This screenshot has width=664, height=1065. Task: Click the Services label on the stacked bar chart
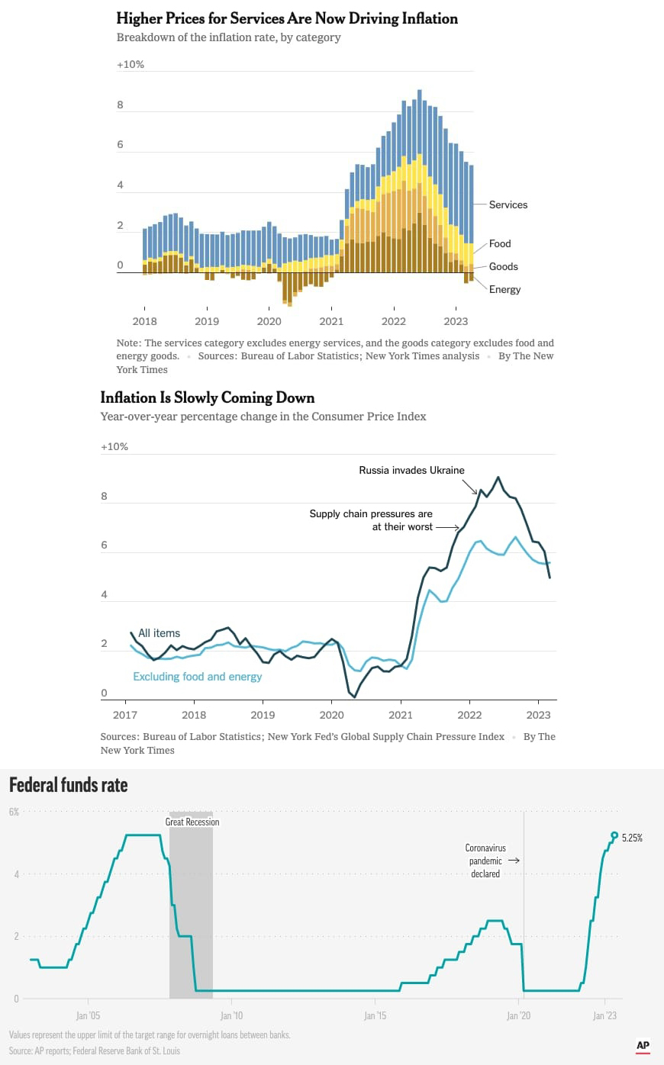(x=508, y=204)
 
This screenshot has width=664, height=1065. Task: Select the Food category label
(x=500, y=243)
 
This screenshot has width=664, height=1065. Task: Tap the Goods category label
(x=503, y=266)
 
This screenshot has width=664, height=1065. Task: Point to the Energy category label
(x=504, y=290)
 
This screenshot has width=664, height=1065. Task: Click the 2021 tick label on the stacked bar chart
(x=331, y=321)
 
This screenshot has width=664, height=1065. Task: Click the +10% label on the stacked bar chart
(x=131, y=64)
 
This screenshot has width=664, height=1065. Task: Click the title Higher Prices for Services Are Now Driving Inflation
(x=287, y=18)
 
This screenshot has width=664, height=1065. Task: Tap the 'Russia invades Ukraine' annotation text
(x=411, y=470)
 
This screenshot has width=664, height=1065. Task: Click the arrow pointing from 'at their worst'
(x=447, y=527)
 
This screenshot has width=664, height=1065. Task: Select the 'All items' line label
(x=160, y=633)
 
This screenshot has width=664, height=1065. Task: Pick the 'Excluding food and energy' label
(x=198, y=677)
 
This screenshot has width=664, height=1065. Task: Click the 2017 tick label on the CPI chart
(x=125, y=715)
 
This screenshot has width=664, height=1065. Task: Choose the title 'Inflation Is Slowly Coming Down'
(x=208, y=397)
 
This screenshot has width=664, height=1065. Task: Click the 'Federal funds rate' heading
(x=69, y=785)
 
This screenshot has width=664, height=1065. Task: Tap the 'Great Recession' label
(x=192, y=822)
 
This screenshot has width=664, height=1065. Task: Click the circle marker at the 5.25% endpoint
(x=614, y=835)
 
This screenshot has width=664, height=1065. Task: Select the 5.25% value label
(x=632, y=838)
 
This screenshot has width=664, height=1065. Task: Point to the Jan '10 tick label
(x=232, y=1015)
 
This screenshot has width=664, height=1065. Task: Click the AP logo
(x=643, y=1046)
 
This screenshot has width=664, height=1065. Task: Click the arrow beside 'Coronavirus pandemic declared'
(x=514, y=861)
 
